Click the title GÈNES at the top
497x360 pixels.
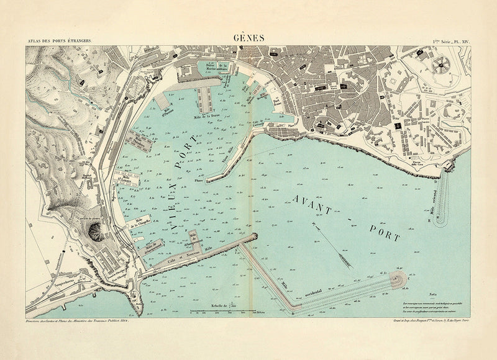pyautogui.click(x=248, y=37)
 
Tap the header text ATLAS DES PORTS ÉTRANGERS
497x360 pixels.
pyautogui.click(x=59, y=41)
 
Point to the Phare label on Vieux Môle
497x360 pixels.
pyautogui.click(x=199, y=181)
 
